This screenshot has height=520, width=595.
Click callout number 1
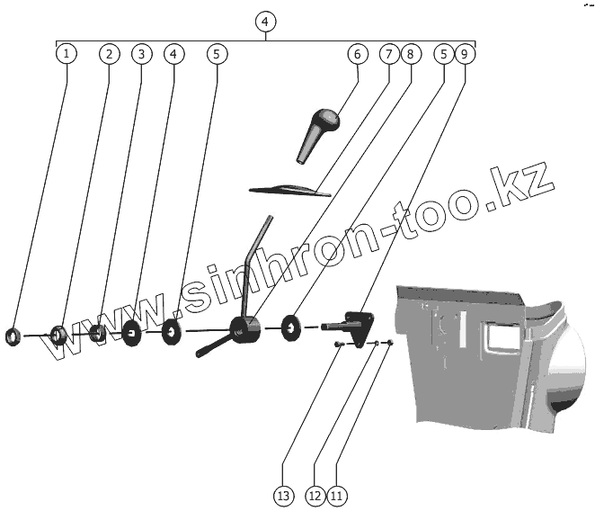tap(65, 54)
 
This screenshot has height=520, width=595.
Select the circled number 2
tap(108, 54)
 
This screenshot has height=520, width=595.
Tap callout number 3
tap(140, 54)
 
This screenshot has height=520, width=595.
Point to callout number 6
tap(357, 54)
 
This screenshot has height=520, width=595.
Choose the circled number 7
tap(388, 54)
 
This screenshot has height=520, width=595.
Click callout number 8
tap(410, 54)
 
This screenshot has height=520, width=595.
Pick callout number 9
tap(465, 54)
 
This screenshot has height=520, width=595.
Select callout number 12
tap(315, 494)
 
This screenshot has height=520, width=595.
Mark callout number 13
tap(283, 494)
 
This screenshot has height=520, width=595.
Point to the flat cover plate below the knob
tap(289, 190)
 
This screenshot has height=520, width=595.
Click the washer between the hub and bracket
tap(292, 326)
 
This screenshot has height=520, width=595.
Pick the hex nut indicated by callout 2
tap(58, 336)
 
